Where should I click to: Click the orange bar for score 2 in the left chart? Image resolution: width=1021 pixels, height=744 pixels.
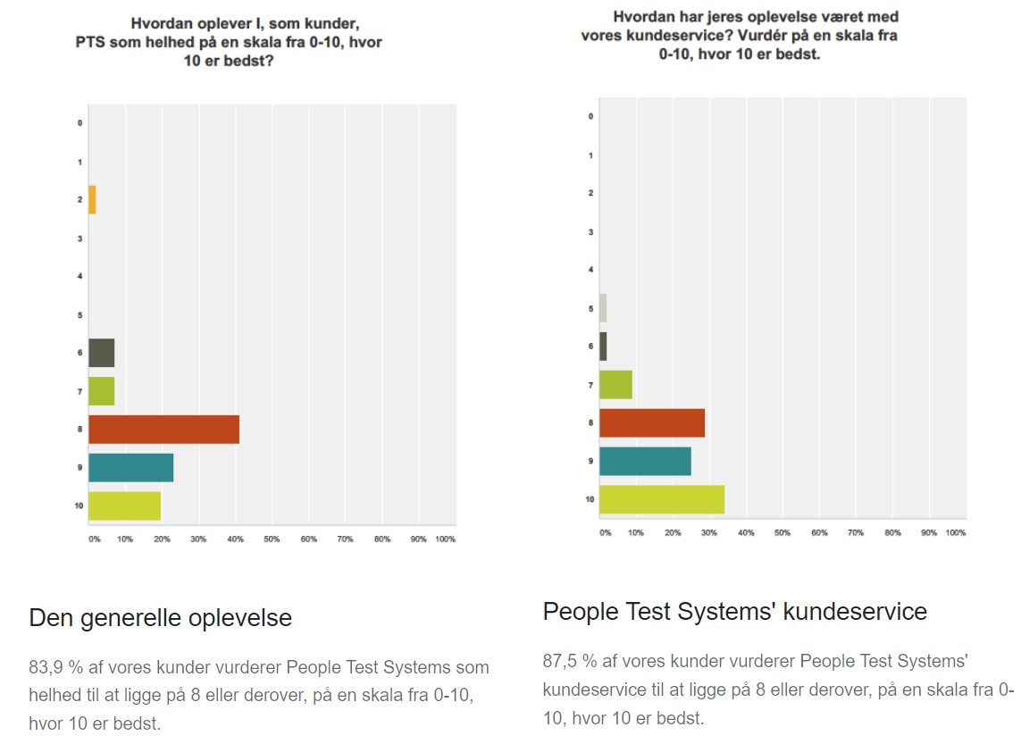92,200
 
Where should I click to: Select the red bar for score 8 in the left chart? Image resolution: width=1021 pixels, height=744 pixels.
163,430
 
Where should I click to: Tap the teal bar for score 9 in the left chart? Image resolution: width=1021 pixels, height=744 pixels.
130,468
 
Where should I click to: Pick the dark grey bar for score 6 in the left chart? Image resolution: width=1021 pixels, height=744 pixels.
101,353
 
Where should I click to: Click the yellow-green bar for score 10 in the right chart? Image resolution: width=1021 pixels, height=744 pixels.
661,499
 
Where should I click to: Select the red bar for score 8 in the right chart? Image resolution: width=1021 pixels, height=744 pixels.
651,422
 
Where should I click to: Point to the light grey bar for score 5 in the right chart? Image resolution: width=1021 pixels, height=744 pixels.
603,308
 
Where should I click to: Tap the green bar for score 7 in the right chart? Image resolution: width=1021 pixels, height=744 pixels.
615,384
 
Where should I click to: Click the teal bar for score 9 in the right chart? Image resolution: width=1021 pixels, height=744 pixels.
645,461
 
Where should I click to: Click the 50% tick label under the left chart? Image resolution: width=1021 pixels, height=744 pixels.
272,539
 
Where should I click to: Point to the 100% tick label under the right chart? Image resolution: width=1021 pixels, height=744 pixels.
955,532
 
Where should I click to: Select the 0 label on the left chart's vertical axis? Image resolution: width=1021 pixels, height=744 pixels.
80,122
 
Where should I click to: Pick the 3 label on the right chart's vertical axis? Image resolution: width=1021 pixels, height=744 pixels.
590,231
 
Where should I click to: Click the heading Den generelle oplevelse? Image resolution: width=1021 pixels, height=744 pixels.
160,617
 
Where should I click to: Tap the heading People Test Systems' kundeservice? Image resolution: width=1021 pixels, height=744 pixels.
734,611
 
